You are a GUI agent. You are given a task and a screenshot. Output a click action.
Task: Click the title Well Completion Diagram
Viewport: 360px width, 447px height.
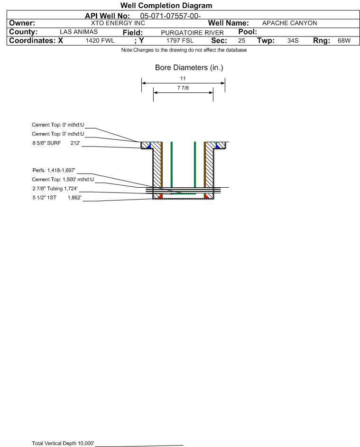(x=166, y=5)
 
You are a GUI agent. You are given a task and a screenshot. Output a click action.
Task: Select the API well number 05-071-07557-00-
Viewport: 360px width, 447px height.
(x=170, y=16)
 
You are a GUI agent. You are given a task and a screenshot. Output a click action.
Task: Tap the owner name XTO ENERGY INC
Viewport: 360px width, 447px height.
(x=118, y=23)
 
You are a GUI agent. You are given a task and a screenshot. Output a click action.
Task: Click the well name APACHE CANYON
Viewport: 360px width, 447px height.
(x=289, y=23)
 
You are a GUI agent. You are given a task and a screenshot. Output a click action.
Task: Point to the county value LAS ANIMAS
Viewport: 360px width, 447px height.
(x=79, y=32)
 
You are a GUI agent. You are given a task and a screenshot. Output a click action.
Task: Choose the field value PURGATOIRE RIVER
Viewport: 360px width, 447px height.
(x=192, y=33)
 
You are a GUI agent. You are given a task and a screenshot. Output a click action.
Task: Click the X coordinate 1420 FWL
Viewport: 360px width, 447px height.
(x=100, y=40)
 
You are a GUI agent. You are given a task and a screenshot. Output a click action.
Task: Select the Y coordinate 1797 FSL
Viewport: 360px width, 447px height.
(x=180, y=40)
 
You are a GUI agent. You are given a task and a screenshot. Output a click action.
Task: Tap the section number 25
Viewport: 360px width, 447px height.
(x=241, y=40)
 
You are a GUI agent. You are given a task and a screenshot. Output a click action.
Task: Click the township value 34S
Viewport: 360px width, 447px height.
(x=293, y=40)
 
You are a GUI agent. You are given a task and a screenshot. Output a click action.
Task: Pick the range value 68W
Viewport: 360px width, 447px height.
(x=344, y=40)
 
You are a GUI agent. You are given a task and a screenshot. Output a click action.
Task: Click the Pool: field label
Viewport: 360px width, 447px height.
(x=248, y=32)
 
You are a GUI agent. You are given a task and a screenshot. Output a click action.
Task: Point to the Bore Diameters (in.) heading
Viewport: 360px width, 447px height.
(x=189, y=68)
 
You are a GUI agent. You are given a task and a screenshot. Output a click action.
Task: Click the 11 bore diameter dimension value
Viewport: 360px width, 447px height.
(x=183, y=78)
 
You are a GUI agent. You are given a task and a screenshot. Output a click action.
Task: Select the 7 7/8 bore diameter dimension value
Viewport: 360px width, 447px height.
(x=183, y=88)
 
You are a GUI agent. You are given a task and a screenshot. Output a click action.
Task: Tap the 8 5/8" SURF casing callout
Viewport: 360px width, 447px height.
(x=56, y=143)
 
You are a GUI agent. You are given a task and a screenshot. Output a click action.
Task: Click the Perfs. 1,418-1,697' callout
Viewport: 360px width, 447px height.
(x=54, y=171)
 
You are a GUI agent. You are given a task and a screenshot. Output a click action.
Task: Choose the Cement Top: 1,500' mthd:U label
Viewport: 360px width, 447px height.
(x=63, y=180)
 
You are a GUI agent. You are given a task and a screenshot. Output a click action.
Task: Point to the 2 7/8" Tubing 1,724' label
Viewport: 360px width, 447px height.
(x=55, y=189)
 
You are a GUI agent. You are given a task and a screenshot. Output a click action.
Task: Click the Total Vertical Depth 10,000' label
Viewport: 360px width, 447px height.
(x=63, y=443)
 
